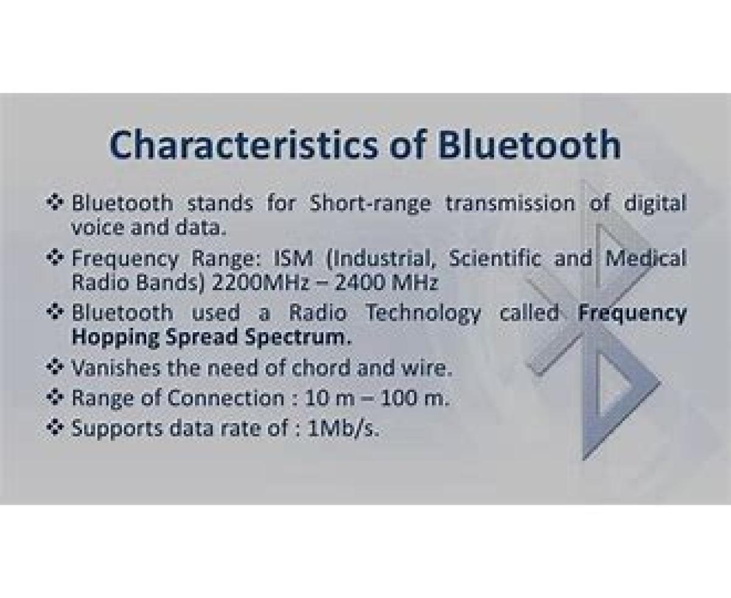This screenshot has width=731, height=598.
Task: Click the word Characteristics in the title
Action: pyautogui.click(x=243, y=144)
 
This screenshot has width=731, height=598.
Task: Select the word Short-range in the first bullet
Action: pyautogui.click(x=370, y=203)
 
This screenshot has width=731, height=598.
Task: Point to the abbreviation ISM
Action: pyautogui.click(x=293, y=258)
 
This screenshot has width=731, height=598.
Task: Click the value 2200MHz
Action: pyautogui.click(x=260, y=282)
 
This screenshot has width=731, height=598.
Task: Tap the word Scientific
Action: pyautogui.click(x=495, y=258)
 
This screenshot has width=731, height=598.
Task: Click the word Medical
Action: pyautogui.click(x=645, y=258)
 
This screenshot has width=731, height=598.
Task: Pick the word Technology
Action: pyautogui.click(x=423, y=313)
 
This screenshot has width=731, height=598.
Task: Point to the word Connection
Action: pyautogui.click(x=226, y=398)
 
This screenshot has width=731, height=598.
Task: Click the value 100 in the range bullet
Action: pyautogui.click(x=398, y=398)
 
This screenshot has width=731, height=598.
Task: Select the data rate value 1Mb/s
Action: pyautogui.click(x=342, y=429)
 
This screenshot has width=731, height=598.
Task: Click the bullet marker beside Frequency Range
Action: pyautogui.click(x=55, y=258)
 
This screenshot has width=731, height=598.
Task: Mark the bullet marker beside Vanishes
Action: pyautogui.click(x=55, y=368)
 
